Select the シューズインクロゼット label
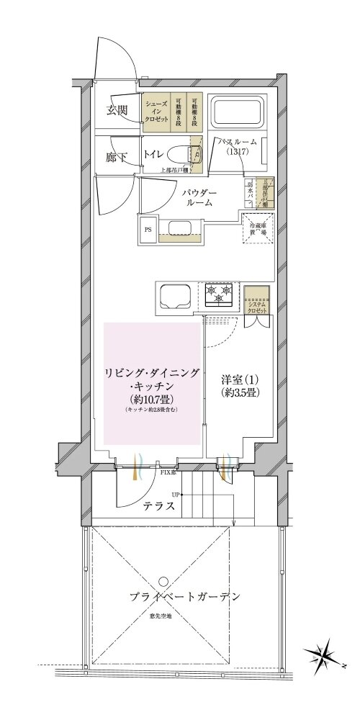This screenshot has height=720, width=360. coord(156,112)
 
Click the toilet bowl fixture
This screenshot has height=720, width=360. coord(179,153)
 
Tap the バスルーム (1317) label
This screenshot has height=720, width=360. coord(238,148)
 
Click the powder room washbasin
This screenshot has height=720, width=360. coord(176,230)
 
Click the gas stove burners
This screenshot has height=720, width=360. coord(220,292)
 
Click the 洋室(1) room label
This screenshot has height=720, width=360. coord(238,380)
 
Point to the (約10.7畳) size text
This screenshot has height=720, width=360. coord(151,400)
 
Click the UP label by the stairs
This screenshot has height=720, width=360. coord(176,495)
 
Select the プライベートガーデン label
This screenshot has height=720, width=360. coord(184,597)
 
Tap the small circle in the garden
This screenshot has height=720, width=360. coord(165,580)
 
